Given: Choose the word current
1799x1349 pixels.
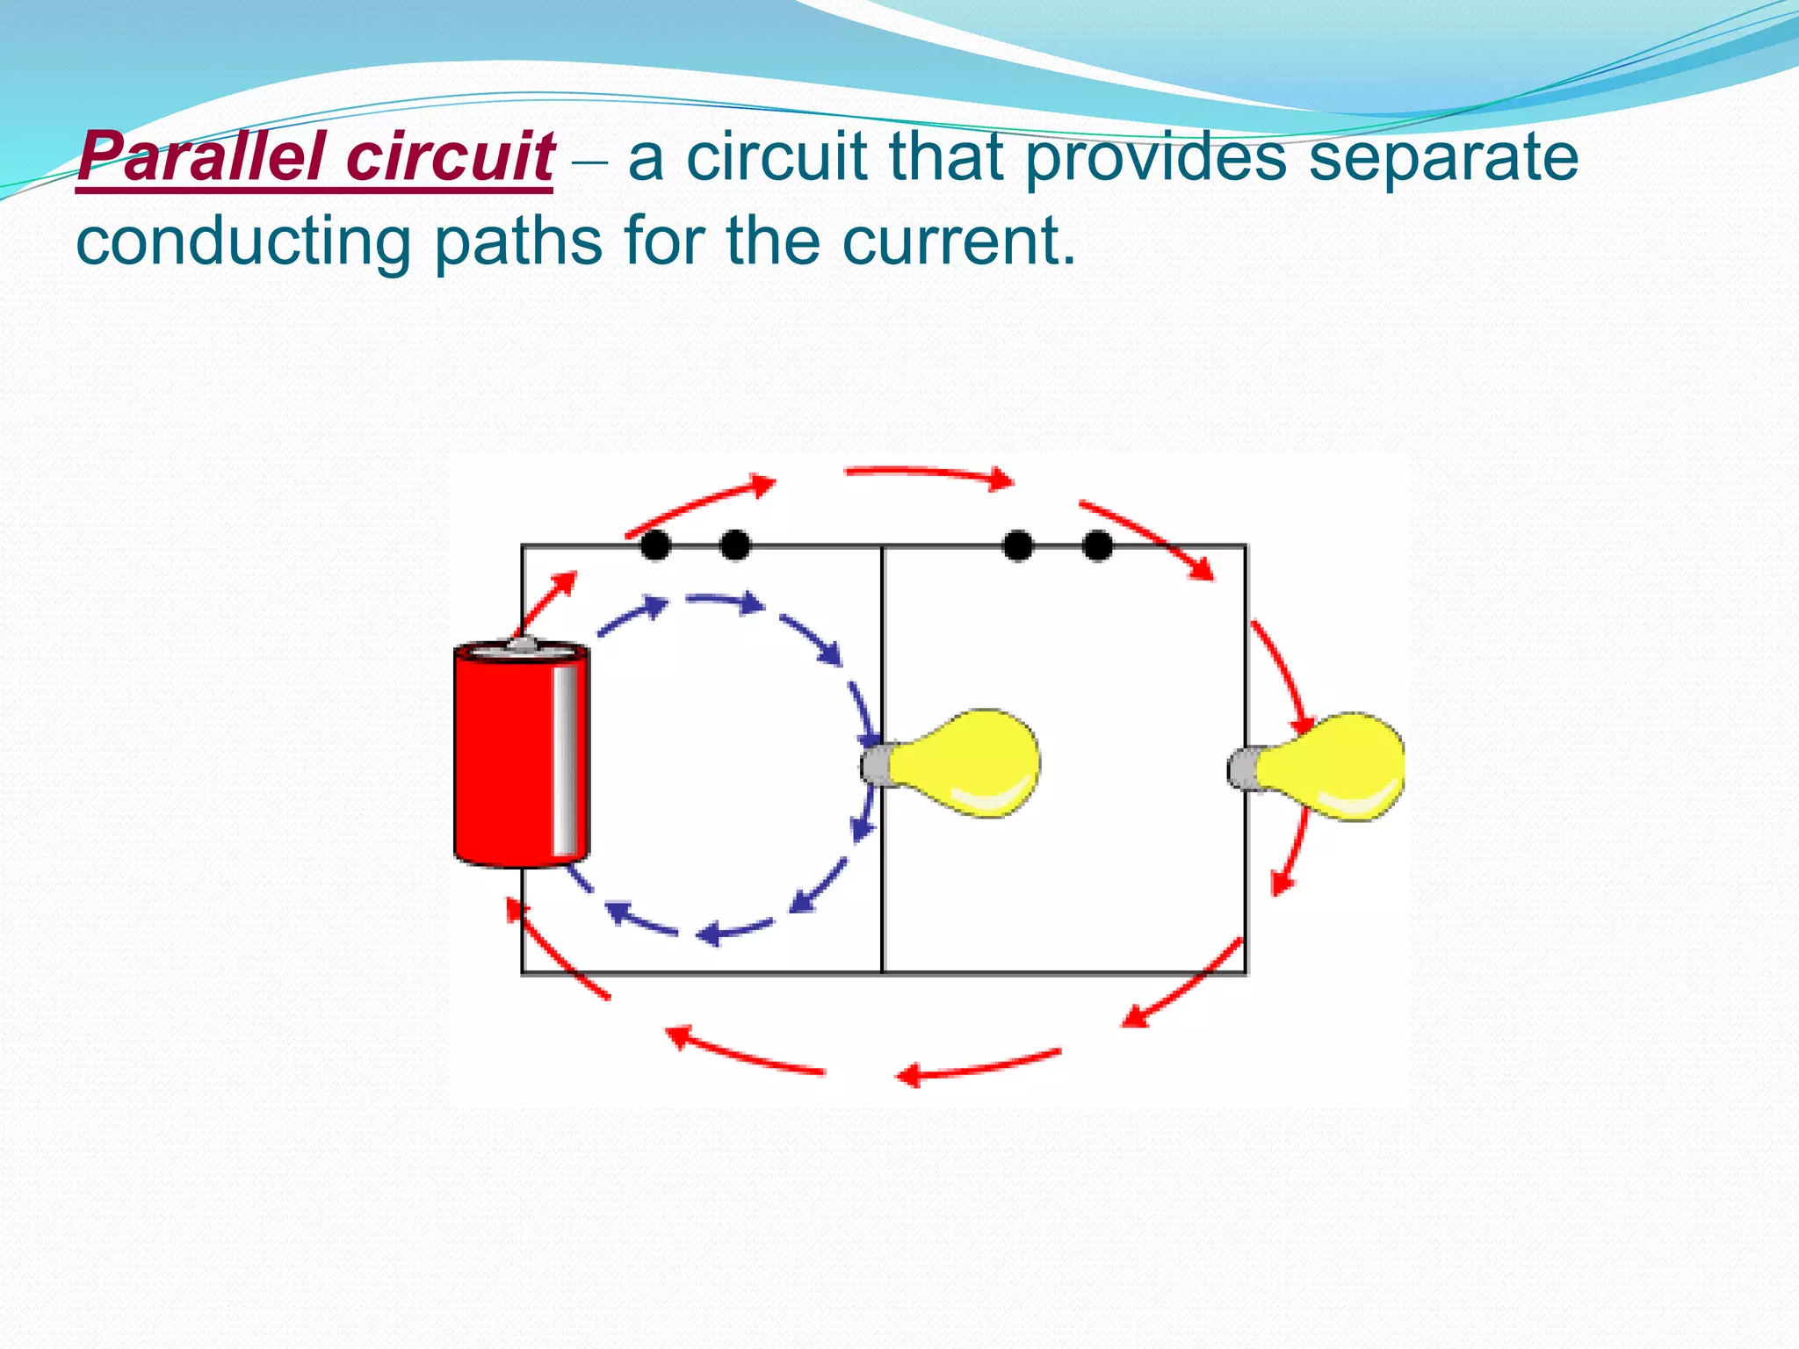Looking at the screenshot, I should click(x=957, y=242).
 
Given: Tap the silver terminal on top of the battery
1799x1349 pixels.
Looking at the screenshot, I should click(x=522, y=646).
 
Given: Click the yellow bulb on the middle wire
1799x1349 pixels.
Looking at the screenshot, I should click(x=966, y=762).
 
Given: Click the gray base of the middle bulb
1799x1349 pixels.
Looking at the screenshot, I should click(x=876, y=764).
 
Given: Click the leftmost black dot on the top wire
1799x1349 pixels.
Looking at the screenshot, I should click(x=655, y=545).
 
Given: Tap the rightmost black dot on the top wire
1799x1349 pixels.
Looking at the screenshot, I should click(x=1097, y=545).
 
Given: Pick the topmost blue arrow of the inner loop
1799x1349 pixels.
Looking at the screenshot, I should click(x=726, y=602).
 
